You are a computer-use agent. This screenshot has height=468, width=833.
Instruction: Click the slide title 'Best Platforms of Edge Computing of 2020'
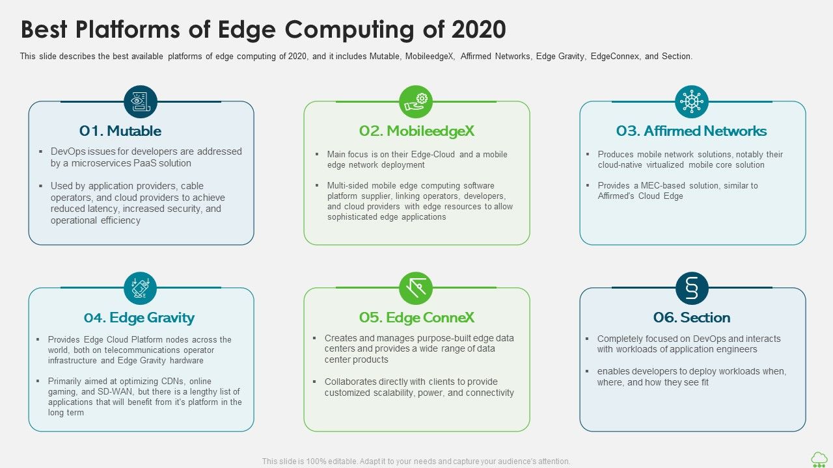263,30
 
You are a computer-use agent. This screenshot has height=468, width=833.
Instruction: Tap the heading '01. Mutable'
120,131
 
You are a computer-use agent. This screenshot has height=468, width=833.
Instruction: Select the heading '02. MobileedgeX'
416,131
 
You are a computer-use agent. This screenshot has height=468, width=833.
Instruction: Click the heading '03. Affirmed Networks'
691,131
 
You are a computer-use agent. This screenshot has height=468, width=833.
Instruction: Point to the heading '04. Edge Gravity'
139,318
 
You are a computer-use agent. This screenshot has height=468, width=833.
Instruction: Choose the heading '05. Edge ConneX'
416,318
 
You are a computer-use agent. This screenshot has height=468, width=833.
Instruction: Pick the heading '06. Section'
691,318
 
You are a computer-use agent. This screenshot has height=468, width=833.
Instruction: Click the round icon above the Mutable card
141,101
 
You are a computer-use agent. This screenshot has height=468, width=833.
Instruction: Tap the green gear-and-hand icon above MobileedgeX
416,101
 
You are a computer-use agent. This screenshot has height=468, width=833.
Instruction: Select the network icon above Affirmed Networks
691,101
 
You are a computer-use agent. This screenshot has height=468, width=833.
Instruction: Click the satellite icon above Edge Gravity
141,288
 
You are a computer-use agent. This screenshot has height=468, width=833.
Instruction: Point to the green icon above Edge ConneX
416,288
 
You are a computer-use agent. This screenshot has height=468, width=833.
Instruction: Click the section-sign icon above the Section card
691,288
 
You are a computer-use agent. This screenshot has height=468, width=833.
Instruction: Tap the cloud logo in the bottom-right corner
819,459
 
